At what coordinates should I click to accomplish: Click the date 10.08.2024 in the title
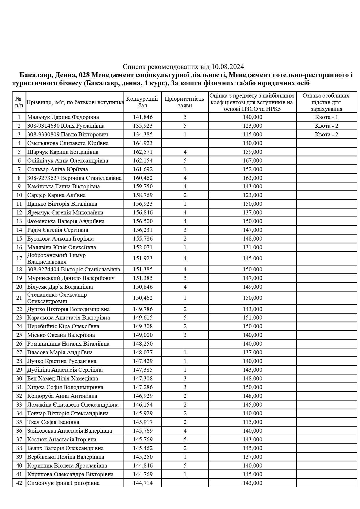point(228,67)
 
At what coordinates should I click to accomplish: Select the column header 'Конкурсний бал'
point(142,102)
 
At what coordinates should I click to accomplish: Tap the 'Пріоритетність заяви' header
point(185,102)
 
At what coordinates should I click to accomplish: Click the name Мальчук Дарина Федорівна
point(63,117)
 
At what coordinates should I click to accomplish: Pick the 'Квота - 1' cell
point(326,117)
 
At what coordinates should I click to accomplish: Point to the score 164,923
point(142,143)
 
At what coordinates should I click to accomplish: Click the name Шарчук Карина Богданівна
point(63,152)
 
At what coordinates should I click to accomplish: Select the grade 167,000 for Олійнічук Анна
point(252,161)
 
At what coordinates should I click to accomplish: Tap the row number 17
point(19,259)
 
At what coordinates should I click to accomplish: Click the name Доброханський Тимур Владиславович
point(57,259)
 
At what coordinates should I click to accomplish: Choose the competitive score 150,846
point(142,287)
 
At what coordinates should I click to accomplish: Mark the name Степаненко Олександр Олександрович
point(57,298)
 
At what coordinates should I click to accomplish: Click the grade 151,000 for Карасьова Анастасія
point(252,318)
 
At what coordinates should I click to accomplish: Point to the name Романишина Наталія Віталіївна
point(68,344)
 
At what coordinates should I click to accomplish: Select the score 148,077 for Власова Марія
point(142,353)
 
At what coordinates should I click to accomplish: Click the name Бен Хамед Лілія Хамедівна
point(63,379)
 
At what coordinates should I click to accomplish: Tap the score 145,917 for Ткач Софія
point(142,422)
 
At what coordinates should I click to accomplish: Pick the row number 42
point(19,483)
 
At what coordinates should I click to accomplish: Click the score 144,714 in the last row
point(142,483)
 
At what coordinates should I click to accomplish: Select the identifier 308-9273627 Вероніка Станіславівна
point(74,178)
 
